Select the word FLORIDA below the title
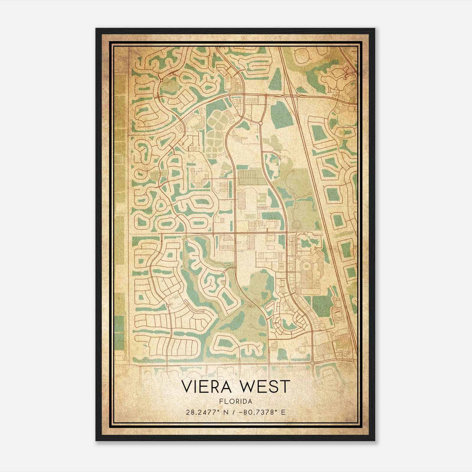pyautogui.click(x=235, y=401)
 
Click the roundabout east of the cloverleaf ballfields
pyautogui.click(x=260, y=123)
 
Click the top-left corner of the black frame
pyautogui.click(x=96, y=29)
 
